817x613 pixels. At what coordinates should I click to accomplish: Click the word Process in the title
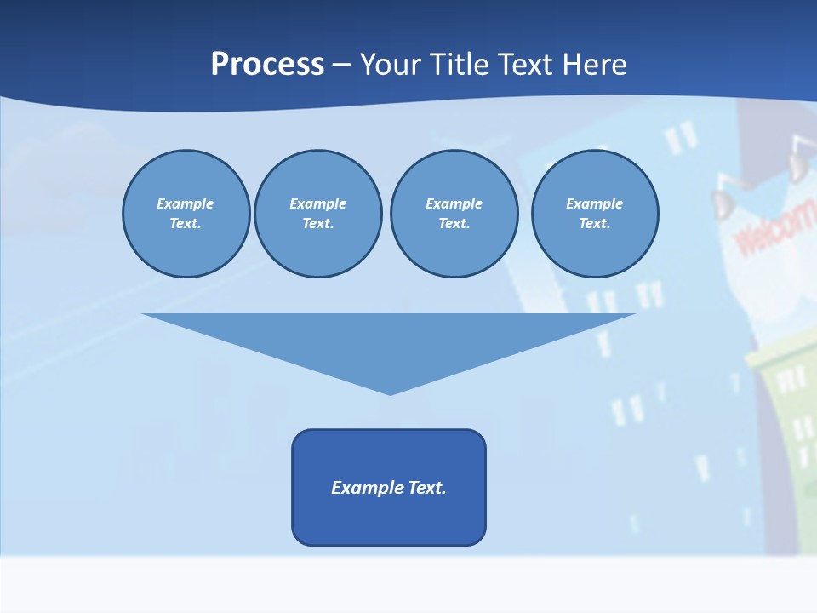pyautogui.click(x=267, y=65)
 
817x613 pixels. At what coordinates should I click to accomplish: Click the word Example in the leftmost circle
pyautogui.click(x=186, y=203)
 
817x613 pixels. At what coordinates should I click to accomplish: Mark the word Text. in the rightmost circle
pyautogui.click(x=595, y=223)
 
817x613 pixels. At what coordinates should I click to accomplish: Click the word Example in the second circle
pyautogui.click(x=318, y=203)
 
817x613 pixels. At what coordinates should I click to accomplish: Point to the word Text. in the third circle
pyautogui.click(x=454, y=223)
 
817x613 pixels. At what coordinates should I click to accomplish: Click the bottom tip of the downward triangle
pyautogui.click(x=390, y=392)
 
